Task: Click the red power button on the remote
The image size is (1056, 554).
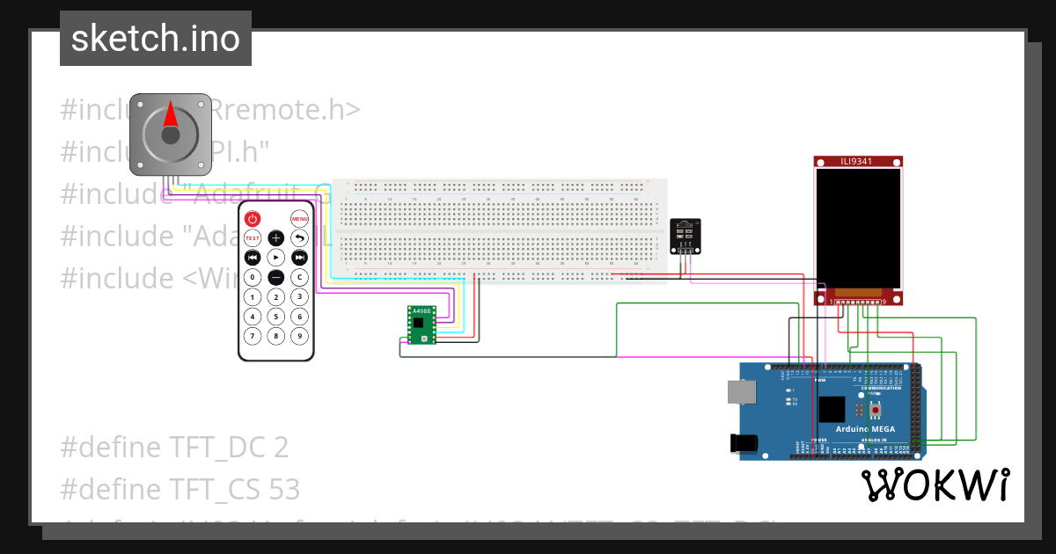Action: pos(253,218)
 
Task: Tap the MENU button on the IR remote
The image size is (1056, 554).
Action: pos(299,218)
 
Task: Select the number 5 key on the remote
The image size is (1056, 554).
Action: pos(275,316)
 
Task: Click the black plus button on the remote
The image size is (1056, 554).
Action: pos(275,238)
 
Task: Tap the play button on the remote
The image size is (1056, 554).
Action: pos(275,258)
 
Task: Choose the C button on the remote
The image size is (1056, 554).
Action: pos(299,277)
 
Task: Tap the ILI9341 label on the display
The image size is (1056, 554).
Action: pos(858,161)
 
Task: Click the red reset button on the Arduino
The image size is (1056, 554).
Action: pos(875,411)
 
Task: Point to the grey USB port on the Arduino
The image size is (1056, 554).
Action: pos(741,391)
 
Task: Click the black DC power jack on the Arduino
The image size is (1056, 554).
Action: pos(744,444)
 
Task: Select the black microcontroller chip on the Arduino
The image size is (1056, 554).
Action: pos(831,411)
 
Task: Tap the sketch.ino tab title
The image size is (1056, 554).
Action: pos(155,39)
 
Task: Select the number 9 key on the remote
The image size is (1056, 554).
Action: pos(299,335)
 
